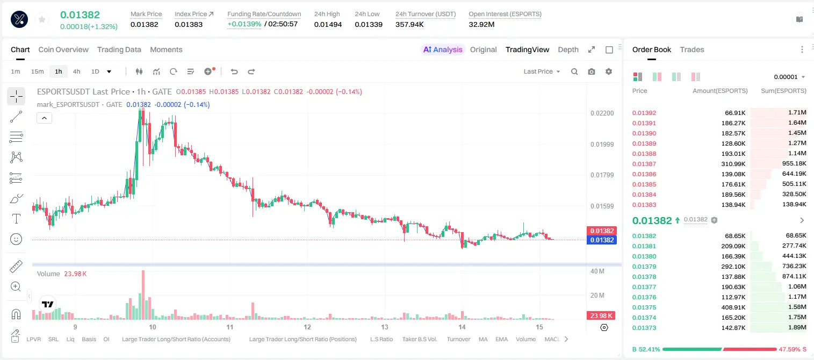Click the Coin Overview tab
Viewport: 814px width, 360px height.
pyautogui.click(x=63, y=49)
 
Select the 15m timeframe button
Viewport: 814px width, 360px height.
pyautogui.click(x=37, y=71)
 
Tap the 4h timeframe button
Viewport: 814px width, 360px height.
pyautogui.click(x=76, y=71)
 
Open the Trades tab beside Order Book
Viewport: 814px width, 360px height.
pyautogui.click(x=692, y=49)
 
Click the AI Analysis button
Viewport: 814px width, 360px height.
pyautogui.click(x=443, y=49)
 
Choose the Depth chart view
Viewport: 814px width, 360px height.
pyautogui.click(x=568, y=49)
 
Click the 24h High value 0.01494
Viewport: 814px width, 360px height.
pyautogui.click(x=328, y=24)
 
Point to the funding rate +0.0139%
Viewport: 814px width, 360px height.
pyautogui.click(x=244, y=24)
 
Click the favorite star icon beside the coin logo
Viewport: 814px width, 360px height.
pyautogui.click(x=42, y=19)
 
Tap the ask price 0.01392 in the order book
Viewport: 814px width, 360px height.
pyautogui.click(x=644, y=113)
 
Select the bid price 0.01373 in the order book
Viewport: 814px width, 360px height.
pyautogui.click(x=644, y=328)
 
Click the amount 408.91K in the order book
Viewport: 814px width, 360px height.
pyautogui.click(x=733, y=307)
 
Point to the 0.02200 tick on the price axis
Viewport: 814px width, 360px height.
pyautogui.click(x=602, y=113)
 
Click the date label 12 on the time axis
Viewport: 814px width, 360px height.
pyautogui.click(x=307, y=327)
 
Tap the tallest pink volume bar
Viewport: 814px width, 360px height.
pyautogui.click(x=143, y=295)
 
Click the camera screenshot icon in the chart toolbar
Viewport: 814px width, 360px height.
pyautogui.click(x=592, y=71)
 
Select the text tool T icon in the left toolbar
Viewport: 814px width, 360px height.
pyautogui.click(x=16, y=219)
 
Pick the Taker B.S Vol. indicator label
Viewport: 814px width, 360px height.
pyautogui.click(x=419, y=339)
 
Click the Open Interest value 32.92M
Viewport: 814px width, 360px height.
pyautogui.click(x=481, y=24)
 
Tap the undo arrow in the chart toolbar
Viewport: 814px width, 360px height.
pyautogui.click(x=234, y=71)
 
